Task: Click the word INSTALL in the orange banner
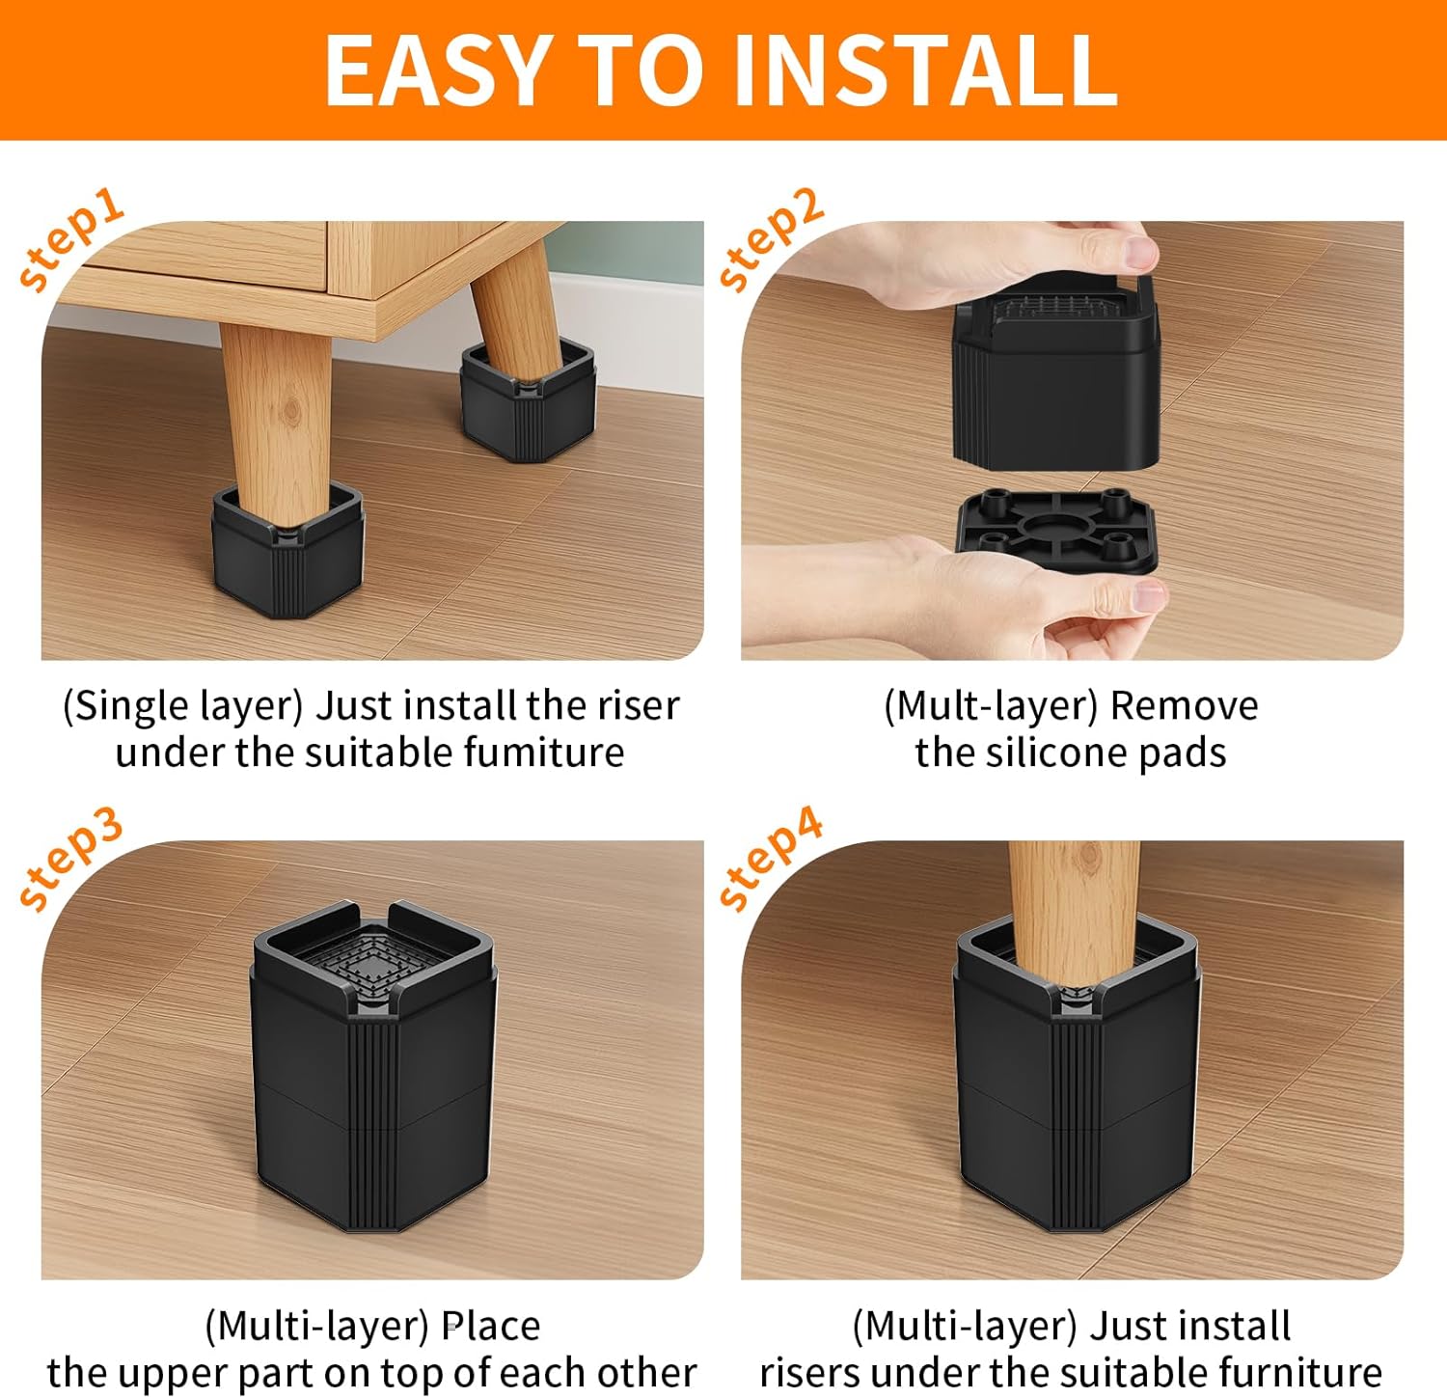click(924, 70)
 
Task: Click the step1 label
click(71, 238)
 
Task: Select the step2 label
click(771, 238)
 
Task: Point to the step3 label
click(71, 859)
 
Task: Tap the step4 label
click(771, 859)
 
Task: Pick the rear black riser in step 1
click(527, 405)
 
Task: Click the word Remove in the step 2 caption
click(1184, 706)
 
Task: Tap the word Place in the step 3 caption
click(491, 1326)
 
